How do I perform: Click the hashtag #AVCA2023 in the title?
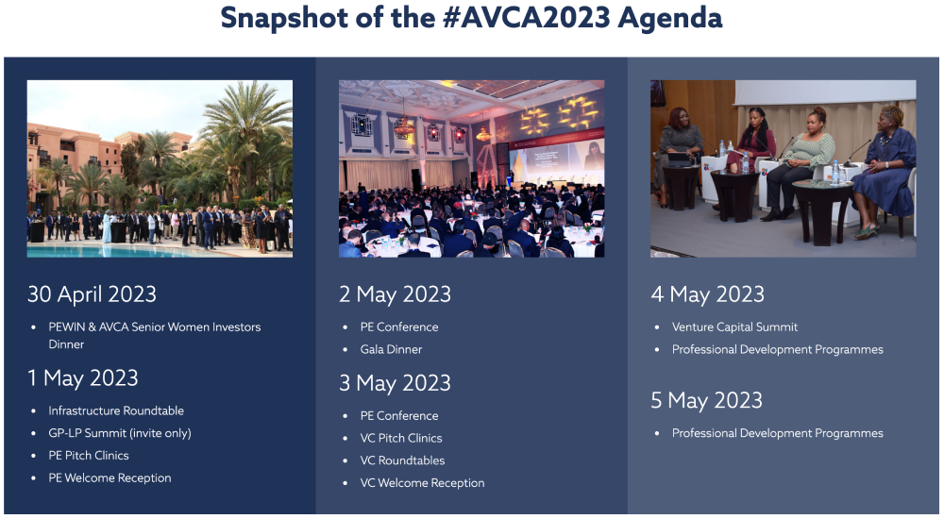pos(526,18)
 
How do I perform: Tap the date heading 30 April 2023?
pos(92,294)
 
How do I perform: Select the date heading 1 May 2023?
pos(82,378)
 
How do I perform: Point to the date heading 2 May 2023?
pos(395,294)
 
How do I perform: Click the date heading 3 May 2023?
pos(395,383)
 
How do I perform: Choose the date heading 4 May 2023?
pos(707,294)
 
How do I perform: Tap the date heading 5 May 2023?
pos(707,400)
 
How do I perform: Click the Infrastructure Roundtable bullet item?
pos(116,410)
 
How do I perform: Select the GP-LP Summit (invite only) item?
pos(120,433)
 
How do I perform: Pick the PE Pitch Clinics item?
pos(89,455)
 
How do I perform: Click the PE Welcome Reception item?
pos(110,478)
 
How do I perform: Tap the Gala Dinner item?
pos(392,349)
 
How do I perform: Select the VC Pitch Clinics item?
pos(401,439)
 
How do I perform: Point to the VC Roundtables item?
pos(402,460)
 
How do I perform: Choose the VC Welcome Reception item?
pos(422,483)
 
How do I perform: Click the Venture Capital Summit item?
pos(734,326)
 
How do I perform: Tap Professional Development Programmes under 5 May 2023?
pos(777,433)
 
